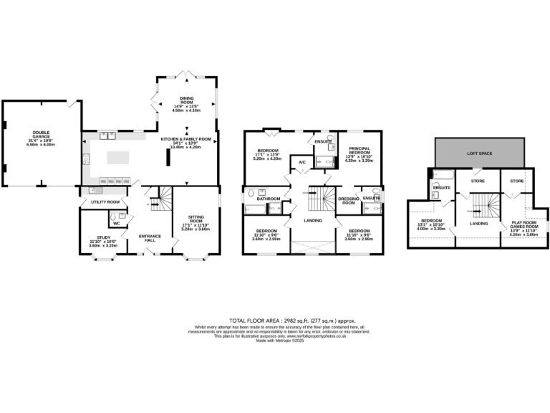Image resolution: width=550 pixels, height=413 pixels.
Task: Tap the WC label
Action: [x=115, y=223]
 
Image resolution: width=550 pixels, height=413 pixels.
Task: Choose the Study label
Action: [x=101, y=242]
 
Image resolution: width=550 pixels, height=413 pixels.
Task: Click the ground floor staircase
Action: [x=164, y=199]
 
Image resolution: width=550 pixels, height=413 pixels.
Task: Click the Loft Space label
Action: [x=481, y=153]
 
